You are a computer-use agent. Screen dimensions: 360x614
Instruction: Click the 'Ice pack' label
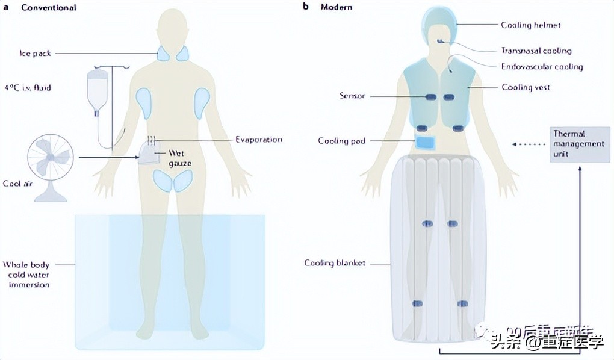coord(35,54)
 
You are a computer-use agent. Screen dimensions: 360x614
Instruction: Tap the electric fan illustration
coord(50,159)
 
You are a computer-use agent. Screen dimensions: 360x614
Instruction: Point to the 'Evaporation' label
coord(258,140)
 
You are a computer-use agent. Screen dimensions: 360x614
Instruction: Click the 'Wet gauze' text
coord(167,158)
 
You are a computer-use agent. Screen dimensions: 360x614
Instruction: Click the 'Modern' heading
coord(336,8)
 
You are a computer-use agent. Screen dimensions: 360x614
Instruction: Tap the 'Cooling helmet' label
coord(530,25)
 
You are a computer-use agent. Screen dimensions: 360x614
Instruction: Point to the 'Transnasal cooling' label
coord(536,51)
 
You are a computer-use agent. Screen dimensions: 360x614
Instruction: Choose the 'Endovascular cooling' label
coord(542,67)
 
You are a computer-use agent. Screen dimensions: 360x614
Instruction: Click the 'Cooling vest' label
coord(526,87)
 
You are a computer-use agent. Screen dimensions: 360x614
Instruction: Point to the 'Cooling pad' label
coord(341,141)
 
